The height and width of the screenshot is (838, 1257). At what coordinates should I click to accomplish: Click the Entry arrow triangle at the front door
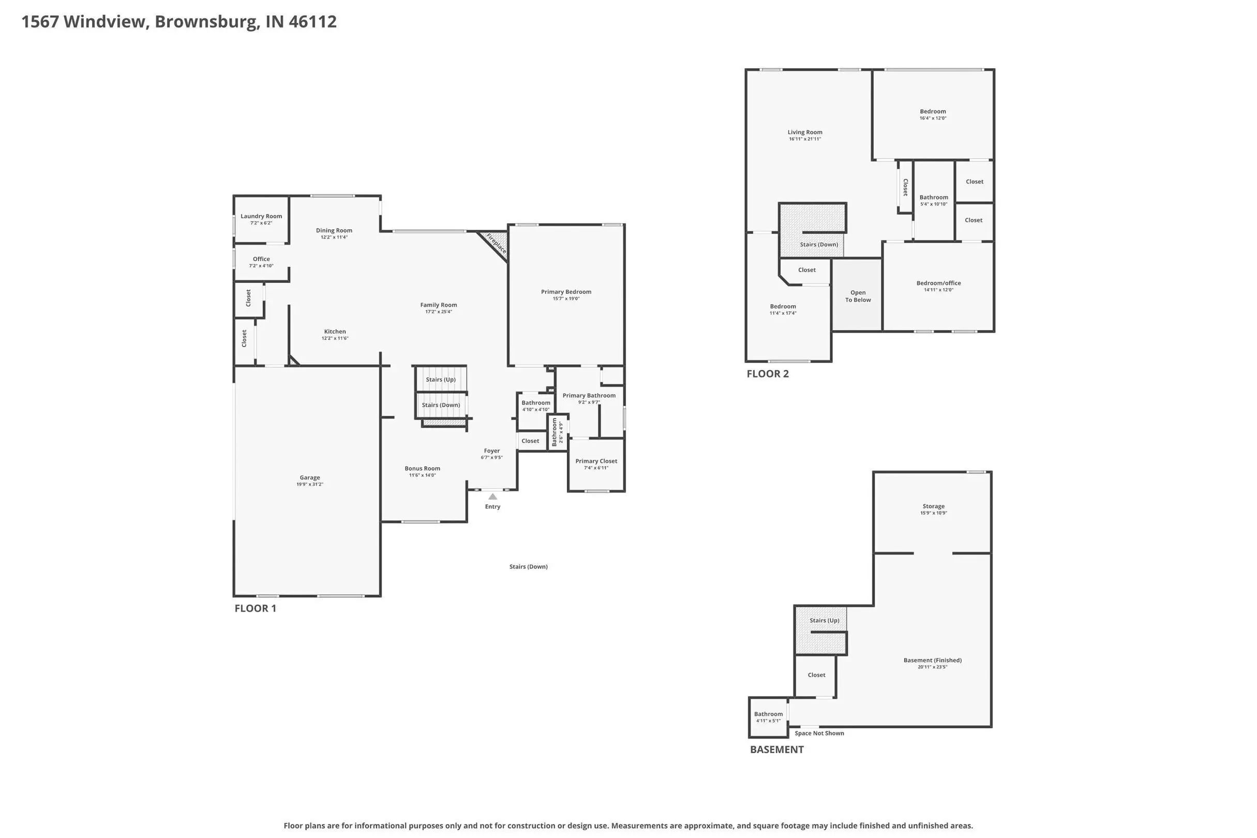tap(493, 497)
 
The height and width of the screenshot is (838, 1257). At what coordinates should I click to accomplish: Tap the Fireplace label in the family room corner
tap(496, 243)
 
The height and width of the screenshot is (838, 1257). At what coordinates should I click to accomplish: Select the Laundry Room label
tap(261, 216)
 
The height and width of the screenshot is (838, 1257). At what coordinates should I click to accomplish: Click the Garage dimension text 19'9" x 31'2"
tap(310, 485)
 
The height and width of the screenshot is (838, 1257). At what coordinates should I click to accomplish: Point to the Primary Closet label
tap(596, 461)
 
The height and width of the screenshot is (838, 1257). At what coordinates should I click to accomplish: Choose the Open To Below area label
tap(858, 296)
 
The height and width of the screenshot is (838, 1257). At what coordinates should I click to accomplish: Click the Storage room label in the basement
tap(934, 506)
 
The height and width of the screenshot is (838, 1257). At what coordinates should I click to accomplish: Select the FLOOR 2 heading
tap(768, 373)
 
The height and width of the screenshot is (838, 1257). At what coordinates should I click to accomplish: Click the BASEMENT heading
tap(776, 749)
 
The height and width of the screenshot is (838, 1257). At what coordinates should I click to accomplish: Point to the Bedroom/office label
tap(938, 283)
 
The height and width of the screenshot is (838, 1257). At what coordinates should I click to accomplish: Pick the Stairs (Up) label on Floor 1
tap(441, 380)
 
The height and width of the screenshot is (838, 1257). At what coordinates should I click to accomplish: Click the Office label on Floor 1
tap(261, 259)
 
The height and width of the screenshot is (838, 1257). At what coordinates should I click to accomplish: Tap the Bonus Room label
tap(422, 469)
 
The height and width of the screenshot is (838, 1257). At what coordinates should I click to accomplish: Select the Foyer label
tap(492, 451)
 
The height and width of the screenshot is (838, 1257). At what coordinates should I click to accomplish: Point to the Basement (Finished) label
tap(933, 661)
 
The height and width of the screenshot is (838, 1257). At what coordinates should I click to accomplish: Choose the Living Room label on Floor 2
tap(805, 132)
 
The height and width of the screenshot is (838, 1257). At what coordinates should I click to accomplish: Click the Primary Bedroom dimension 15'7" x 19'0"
tap(566, 299)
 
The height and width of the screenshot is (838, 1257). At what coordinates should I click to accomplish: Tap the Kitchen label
tap(335, 332)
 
